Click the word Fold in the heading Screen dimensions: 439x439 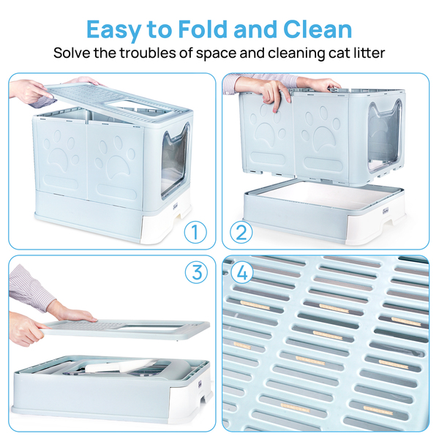coord(203,29)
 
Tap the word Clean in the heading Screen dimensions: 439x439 coord(318,29)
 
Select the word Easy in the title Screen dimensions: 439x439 coord(114,30)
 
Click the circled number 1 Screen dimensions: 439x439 coord(195,232)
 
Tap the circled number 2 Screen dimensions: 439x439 coord(241,232)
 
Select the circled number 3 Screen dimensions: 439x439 coord(196,272)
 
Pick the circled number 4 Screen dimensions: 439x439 coord(242,272)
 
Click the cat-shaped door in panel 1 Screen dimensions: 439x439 coord(174,160)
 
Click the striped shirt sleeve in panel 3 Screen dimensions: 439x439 coord(30,288)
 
